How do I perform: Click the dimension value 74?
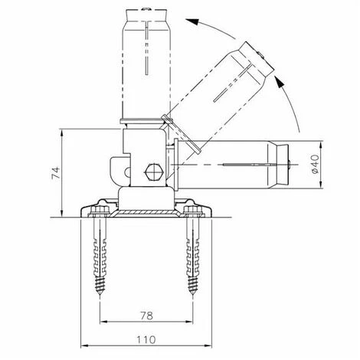[56, 173]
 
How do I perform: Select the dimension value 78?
[147, 316]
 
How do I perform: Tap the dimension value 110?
[146, 340]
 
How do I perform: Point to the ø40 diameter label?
[315, 164]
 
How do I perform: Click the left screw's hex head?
[100, 211]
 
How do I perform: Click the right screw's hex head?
[193, 211]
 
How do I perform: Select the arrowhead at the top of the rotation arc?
[192, 21]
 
